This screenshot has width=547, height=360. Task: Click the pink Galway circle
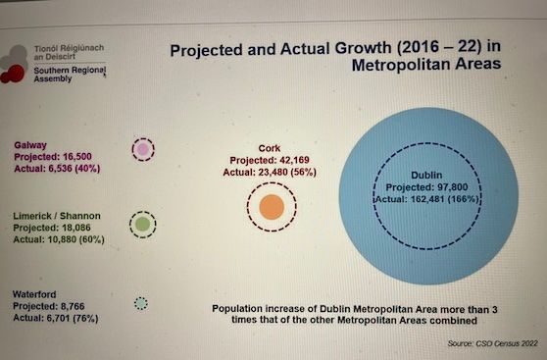tap(143, 149)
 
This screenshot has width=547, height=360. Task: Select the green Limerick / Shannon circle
tap(142, 225)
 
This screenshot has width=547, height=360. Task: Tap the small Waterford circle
tap(140, 303)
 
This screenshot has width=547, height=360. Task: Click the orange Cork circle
tap(272, 207)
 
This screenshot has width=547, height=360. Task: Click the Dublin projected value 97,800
tap(421, 188)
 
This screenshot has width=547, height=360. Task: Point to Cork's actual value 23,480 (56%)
tap(272, 172)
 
